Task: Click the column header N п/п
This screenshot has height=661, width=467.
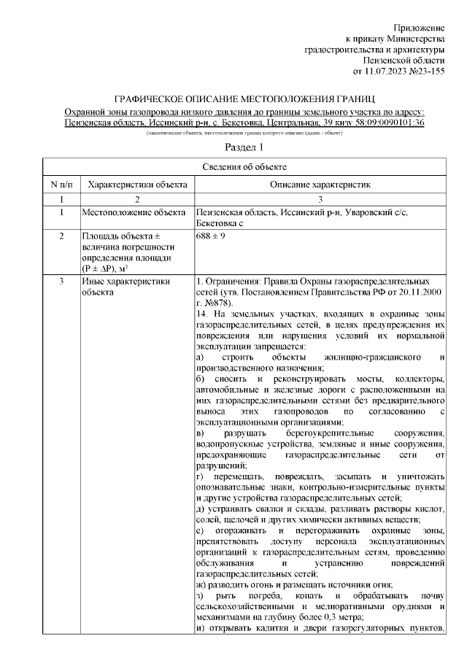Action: click(62, 185)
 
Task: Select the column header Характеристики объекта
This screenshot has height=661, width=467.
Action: click(137, 185)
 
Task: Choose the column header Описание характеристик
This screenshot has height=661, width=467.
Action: click(321, 185)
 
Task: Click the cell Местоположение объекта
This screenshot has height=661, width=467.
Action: click(132, 212)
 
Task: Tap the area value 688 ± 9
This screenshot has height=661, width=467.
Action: click(212, 237)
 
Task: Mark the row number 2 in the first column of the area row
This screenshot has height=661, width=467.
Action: click(62, 237)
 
